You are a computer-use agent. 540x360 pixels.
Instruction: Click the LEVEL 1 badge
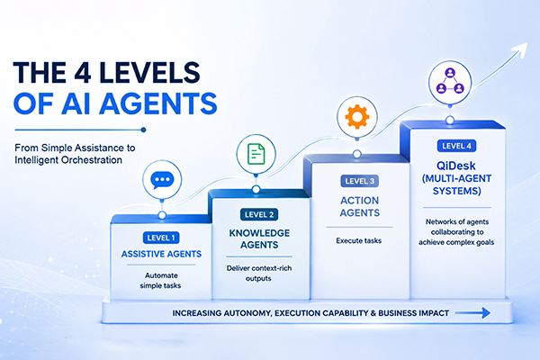click(x=161, y=238)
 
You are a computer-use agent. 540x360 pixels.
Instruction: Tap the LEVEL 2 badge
click(x=259, y=214)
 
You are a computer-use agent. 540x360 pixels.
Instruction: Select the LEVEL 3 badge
click(x=359, y=181)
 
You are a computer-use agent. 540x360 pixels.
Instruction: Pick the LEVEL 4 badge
click(x=456, y=146)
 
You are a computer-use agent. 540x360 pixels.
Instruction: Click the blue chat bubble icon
click(x=162, y=180)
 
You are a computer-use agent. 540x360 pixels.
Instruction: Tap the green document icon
click(x=256, y=154)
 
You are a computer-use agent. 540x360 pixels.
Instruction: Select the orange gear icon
click(x=357, y=117)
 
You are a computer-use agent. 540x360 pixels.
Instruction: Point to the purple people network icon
click(x=450, y=81)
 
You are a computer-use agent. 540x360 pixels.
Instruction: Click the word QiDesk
click(x=456, y=166)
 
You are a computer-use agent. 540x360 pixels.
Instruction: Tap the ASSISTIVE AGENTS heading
click(x=161, y=254)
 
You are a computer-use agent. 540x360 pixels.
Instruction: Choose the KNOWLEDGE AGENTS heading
click(x=259, y=238)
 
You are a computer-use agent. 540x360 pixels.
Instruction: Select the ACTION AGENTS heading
click(x=359, y=207)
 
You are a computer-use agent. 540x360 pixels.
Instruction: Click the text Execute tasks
click(x=359, y=240)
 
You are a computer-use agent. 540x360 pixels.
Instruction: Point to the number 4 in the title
click(x=82, y=72)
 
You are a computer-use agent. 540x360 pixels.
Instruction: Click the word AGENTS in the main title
click(x=158, y=103)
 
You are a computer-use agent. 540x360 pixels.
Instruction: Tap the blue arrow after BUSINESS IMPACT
click(x=472, y=313)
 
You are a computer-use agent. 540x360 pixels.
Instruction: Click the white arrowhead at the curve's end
click(x=519, y=50)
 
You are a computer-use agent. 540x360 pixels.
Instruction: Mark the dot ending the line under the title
click(x=144, y=130)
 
